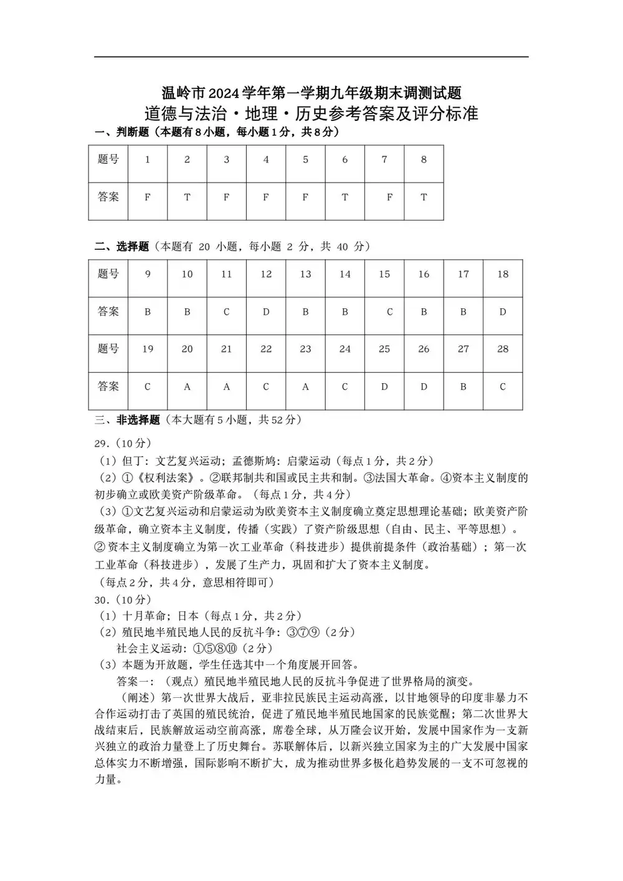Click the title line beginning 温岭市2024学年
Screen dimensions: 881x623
(311, 93)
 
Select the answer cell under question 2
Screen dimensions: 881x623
(187, 198)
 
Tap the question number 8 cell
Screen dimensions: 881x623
(424, 160)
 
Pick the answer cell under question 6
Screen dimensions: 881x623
(345, 198)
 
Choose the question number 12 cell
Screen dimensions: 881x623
(266, 274)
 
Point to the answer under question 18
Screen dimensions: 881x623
(503, 312)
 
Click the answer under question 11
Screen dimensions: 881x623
(227, 312)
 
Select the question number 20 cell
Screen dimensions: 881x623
(187, 349)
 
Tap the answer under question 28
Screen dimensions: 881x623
(503, 386)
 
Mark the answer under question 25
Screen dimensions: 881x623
(384, 386)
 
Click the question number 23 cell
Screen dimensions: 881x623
(305, 349)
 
